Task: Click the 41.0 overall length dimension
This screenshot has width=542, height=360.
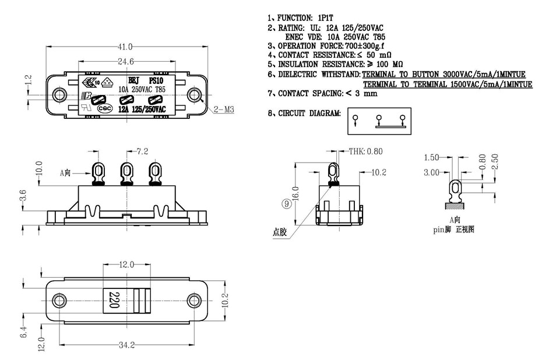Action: pos(125,47)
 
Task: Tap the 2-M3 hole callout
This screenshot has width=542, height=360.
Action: pos(224,109)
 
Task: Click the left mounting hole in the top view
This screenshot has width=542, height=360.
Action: pos(59,95)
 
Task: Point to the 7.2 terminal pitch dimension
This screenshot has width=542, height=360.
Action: pos(142,151)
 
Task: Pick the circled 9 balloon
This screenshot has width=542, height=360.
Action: pos(286,203)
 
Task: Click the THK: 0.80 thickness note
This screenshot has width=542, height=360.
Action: pos(365,151)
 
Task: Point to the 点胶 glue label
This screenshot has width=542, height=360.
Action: pos(280,231)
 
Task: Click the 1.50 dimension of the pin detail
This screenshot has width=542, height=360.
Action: pos(431,158)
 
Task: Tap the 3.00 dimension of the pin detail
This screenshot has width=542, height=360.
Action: pos(431,173)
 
